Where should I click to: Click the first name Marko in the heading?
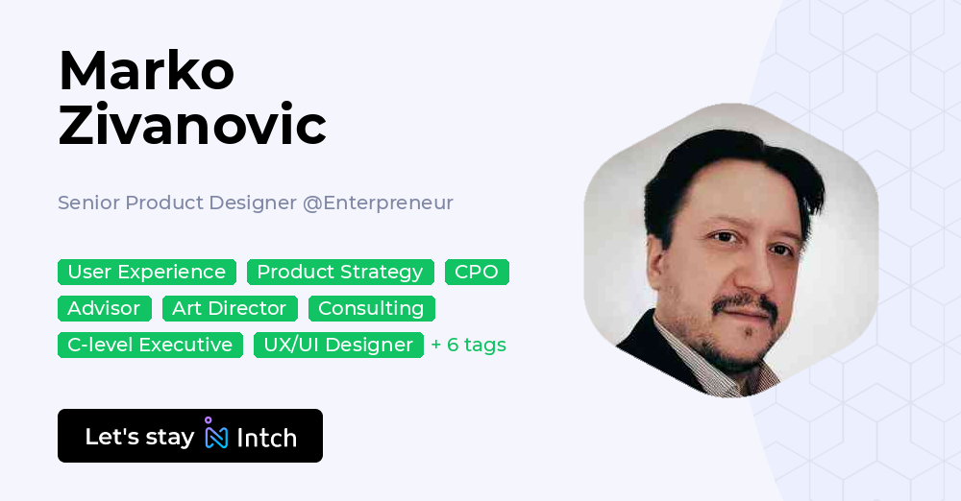(x=146, y=70)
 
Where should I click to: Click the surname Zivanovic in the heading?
(x=192, y=125)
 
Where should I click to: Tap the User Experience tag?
(x=147, y=273)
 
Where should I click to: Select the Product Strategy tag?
(x=340, y=273)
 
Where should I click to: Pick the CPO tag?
(x=477, y=273)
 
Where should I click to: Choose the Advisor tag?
(x=104, y=309)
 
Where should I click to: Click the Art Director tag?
(x=230, y=309)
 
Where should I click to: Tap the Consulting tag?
(x=371, y=309)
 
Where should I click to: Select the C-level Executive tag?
(x=150, y=346)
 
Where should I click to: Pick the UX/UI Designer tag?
(x=338, y=346)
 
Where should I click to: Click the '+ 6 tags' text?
(x=468, y=346)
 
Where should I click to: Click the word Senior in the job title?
(x=88, y=203)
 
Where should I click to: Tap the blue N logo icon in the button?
(x=216, y=436)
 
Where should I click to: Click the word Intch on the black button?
(x=266, y=438)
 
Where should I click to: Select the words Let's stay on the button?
(x=139, y=437)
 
